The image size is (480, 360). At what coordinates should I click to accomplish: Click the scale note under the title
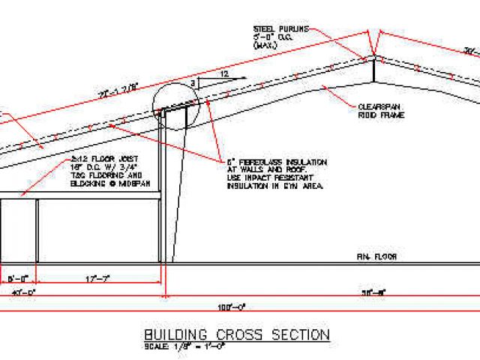177,346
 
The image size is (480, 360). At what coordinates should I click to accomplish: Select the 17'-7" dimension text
98,279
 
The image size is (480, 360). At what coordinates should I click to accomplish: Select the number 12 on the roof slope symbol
223,73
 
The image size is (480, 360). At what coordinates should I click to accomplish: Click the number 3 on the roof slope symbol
193,82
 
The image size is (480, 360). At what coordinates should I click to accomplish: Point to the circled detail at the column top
175,104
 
